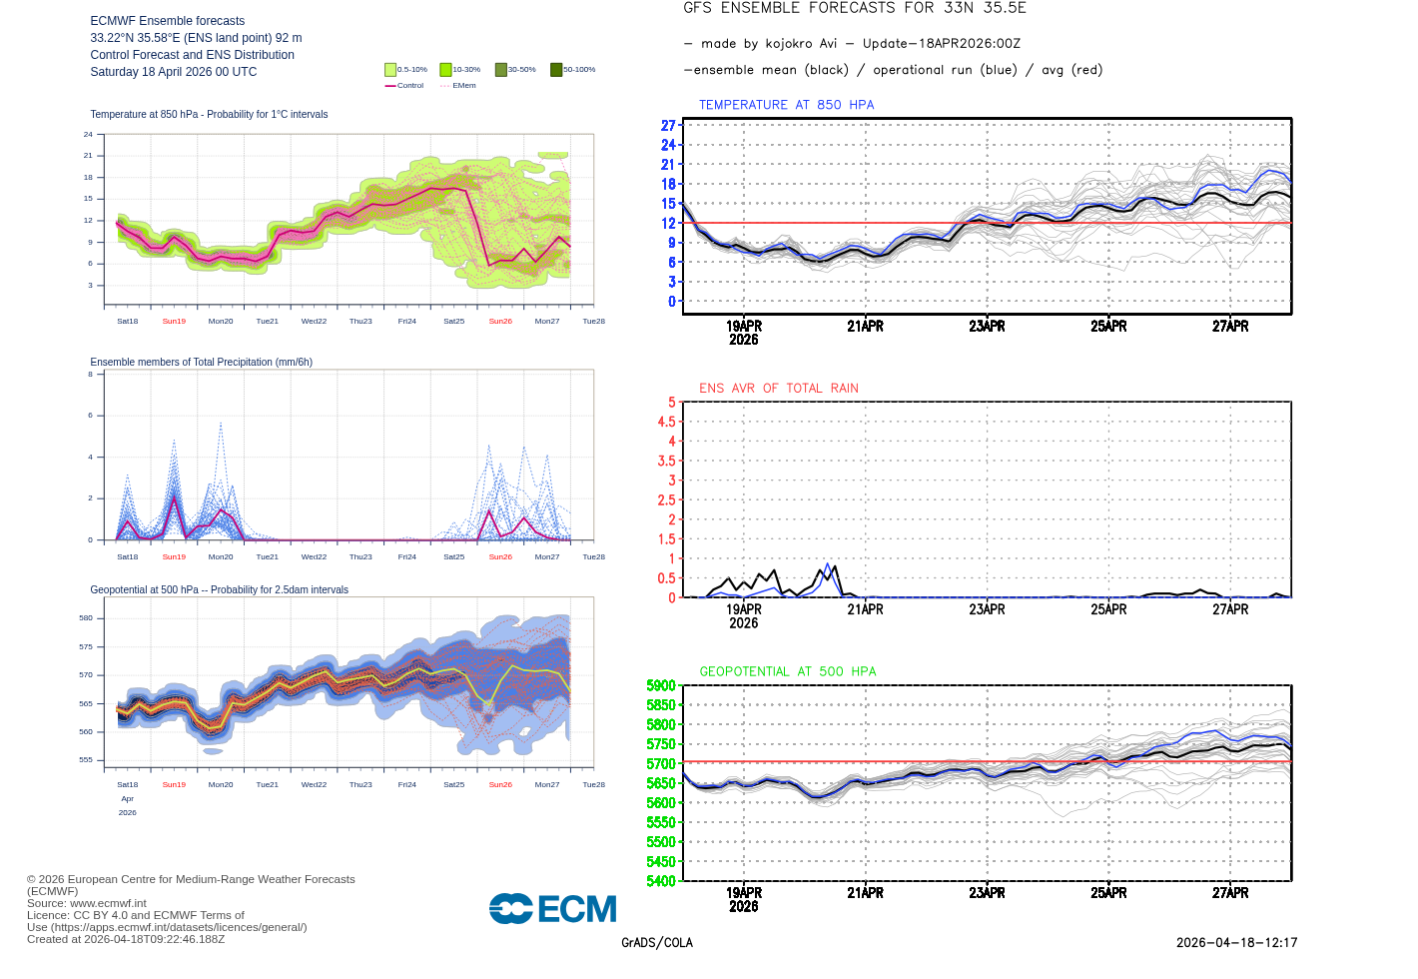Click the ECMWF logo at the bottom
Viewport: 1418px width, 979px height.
pyautogui.click(x=552, y=909)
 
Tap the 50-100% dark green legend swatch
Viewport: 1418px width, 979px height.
pyautogui.click(x=556, y=70)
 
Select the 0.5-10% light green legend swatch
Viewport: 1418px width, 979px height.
pyautogui.click(x=390, y=70)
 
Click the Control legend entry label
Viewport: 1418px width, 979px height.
pyautogui.click(x=410, y=86)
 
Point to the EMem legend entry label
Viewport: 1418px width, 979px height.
pyautogui.click(x=464, y=86)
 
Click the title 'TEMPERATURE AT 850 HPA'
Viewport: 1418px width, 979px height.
pyautogui.click(x=786, y=105)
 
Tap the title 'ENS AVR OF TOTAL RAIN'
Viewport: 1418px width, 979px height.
pyautogui.click(x=778, y=389)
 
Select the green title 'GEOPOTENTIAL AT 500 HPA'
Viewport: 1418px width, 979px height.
pyautogui.click(x=787, y=672)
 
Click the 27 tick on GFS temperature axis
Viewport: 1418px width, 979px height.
pyautogui.click(x=668, y=126)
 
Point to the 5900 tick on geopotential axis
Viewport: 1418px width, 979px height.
pyautogui.click(x=661, y=686)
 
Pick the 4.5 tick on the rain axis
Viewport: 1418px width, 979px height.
pyautogui.click(x=666, y=422)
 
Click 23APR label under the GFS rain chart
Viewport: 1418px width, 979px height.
pyautogui.click(x=987, y=609)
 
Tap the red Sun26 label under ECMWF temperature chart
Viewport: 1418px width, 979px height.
pyautogui.click(x=500, y=322)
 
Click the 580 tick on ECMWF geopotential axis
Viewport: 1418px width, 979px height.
pyautogui.click(x=86, y=618)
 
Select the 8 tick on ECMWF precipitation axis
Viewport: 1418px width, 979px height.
pyautogui.click(x=90, y=375)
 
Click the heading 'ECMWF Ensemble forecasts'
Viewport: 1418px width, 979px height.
pyautogui.click(x=167, y=21)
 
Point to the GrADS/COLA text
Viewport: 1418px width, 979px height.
pyautogui.click(x=656, y=943)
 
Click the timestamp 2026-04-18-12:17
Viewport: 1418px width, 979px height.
pyautogui.click(x=1236, y=943)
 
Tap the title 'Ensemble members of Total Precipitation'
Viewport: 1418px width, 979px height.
pyautogui.click(x=201, y=363)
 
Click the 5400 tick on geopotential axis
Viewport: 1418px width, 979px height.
pyautogui.click(x=661, y=881)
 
